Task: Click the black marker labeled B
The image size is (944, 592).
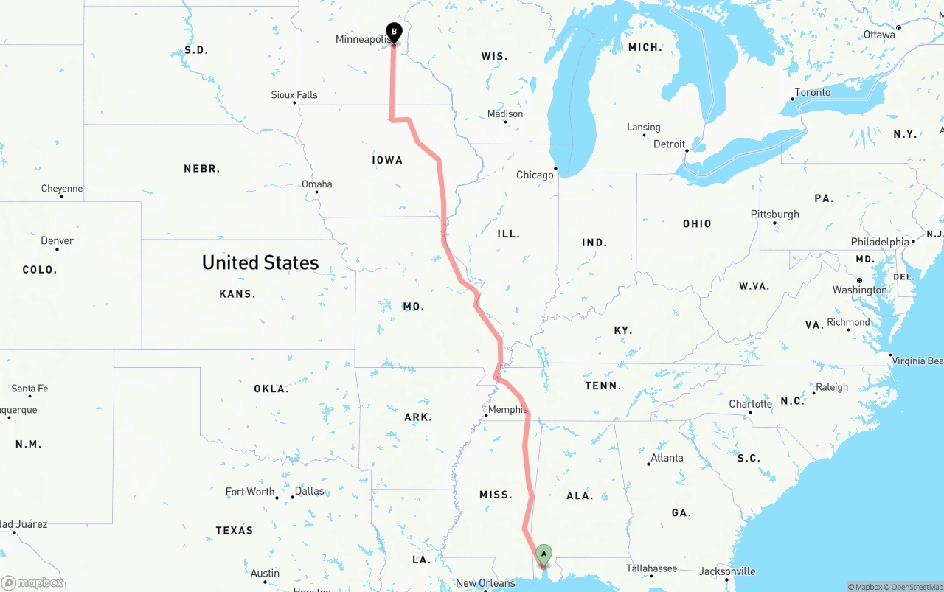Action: [x=394, y=32]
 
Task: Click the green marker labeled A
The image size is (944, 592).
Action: [x=544, y=554]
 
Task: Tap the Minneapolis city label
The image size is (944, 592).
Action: [x=361, y=39]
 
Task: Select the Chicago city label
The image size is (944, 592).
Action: [x=535, y=175]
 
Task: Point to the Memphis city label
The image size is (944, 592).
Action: [x=508, y=409]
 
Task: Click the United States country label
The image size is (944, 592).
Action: [x=260, y=262]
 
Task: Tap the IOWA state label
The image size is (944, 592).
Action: [x=387, y=160]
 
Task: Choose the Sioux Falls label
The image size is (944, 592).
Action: [x=294, y=95]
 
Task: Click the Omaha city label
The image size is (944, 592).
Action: [x=317, y=184]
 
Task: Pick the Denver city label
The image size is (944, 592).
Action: [x=57, y=241]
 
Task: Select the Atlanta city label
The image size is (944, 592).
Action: [x=667, y=458]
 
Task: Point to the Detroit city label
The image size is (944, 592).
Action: [x=670, y=144]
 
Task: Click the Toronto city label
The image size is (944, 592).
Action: [x=812, y=93]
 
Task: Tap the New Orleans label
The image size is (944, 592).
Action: [x=485, y=583]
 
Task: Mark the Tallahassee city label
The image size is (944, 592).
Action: [x=652, y=568]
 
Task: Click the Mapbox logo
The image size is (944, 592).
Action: [x=32, y=582]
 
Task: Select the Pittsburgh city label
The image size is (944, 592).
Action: [x=775, y=215]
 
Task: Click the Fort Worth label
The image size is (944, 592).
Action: [x=250, y=492]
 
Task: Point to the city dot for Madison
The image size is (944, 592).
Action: [x=505, y=122]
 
